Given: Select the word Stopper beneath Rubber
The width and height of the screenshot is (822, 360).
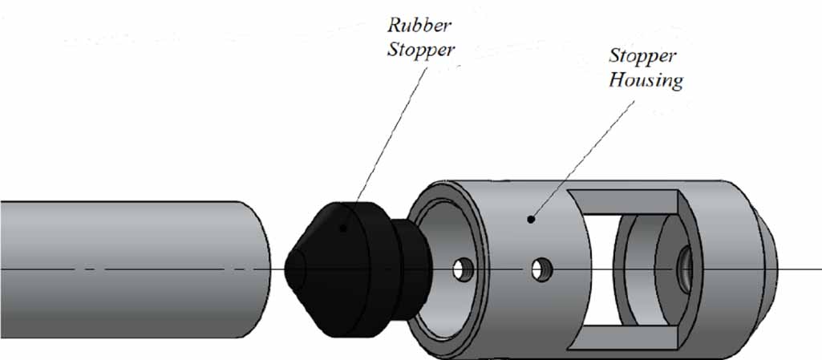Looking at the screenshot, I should pos(422,50).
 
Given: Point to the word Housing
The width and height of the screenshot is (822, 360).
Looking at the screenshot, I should pos(646,80).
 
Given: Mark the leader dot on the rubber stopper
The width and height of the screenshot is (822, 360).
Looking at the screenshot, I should pos(343,228).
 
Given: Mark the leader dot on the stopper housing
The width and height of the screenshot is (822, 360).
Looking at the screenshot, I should pos(530,218).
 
